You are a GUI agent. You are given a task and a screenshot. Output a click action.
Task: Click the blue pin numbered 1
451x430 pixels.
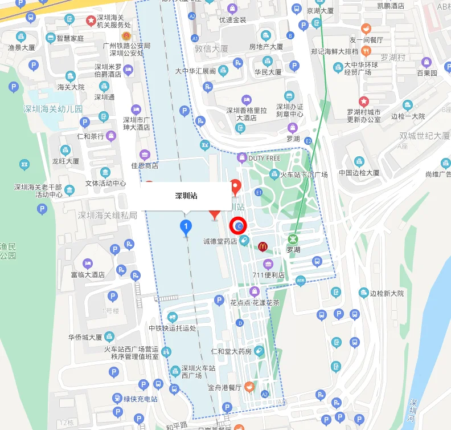coord(185,227)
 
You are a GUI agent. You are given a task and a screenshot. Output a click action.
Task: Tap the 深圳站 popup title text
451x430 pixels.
coord(186,196)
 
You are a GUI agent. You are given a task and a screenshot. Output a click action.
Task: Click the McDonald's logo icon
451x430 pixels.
coord(263,246)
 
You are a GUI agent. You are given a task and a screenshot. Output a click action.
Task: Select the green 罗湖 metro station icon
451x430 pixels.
coord(293,240)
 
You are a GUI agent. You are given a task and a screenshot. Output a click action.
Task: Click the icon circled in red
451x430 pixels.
coord(239,226)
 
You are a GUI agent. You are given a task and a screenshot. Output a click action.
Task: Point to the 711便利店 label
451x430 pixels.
coord(268,275)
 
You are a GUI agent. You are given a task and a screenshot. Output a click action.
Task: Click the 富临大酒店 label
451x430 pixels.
coord(88,274)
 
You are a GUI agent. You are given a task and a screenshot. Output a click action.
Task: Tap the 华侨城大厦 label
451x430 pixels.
coord(85,337)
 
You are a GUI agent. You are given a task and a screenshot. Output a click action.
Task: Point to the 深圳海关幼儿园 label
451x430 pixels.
coord(53,108)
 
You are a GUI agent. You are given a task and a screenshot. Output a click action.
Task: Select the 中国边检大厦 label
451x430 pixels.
coord(359,172)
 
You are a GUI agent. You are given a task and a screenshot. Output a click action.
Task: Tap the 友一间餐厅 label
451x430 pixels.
coord(366,40)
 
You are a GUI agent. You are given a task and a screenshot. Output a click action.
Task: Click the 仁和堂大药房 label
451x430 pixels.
coord(231,351)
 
